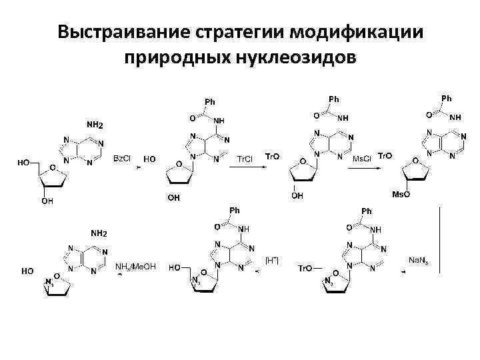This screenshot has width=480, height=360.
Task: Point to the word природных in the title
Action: pos(168,59)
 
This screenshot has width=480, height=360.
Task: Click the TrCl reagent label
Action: pos(245,159)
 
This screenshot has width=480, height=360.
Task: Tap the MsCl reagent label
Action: pos(362,159)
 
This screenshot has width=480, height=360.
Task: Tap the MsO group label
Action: pos(400,194)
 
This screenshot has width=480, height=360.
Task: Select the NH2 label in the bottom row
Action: pos(98,233)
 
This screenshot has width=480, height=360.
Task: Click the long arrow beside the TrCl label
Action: pos(246,168)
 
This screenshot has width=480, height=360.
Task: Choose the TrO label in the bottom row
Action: pos(304,268)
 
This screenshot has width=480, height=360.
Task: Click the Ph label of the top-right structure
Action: pos(446,99)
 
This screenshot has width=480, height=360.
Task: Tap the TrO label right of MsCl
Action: pos(385,155)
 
